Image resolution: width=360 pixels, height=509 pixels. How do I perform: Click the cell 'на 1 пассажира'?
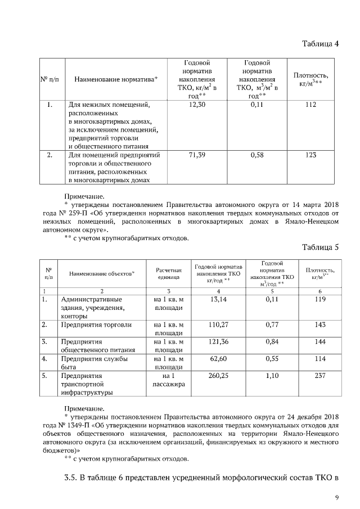click(169, 380)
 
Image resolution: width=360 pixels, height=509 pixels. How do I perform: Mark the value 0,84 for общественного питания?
click(273, 342)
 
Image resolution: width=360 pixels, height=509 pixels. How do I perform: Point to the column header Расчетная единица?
click(169, 274)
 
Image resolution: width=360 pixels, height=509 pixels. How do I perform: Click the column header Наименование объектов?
click(102, 274)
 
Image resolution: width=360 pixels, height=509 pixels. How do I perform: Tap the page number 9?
click(336, 497)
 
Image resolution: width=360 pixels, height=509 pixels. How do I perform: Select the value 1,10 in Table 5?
click(273, 375)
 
